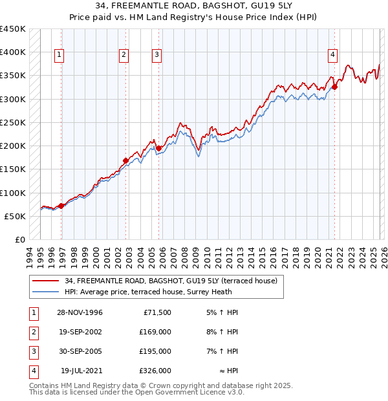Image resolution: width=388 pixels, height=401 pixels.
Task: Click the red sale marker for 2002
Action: click(x=126, y=160)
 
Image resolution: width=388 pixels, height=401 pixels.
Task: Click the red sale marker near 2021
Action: click(x=335, y=87)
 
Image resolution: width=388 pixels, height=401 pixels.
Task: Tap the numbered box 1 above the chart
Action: click(x=59, y=56)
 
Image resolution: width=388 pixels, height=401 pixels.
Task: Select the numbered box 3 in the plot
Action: click(x=156, y=56)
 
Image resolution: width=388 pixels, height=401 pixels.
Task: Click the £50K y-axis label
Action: click(x=16, y=216)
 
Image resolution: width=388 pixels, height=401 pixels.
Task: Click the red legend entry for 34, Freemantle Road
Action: click(x=171, y=281)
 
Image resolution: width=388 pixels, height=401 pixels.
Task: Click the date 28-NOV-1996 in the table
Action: click(x=80, y=312)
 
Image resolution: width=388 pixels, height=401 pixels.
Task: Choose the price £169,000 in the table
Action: click(x=155, y=332)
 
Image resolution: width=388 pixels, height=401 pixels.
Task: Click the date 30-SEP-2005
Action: click(x=80, y=351)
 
